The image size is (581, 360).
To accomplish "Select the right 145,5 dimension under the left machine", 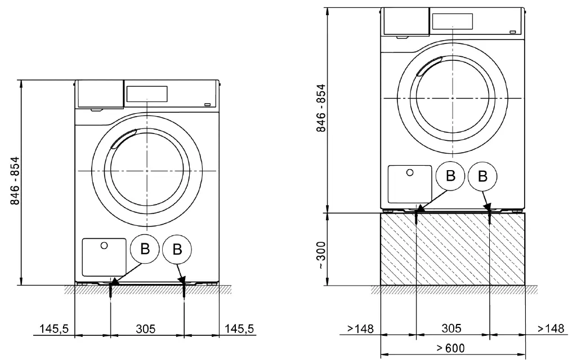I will click(240, 328).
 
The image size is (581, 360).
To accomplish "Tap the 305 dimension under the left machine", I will click(146, 328).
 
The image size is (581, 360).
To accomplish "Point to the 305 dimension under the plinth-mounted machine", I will click(452, 328).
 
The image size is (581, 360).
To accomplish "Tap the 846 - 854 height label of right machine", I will click(321, 108).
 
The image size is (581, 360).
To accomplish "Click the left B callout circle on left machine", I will click(145, 249).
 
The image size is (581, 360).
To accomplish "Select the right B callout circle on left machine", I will click(177, 249).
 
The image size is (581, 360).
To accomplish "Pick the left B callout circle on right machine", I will click(450, 176).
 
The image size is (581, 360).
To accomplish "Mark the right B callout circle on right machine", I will click(482, 176).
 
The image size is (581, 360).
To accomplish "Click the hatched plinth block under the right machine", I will click(453, 249).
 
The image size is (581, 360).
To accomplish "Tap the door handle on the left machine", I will click(123, 139).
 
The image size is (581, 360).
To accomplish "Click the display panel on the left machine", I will click(147, 94).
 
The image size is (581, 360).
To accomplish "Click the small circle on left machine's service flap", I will click(104, 245).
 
